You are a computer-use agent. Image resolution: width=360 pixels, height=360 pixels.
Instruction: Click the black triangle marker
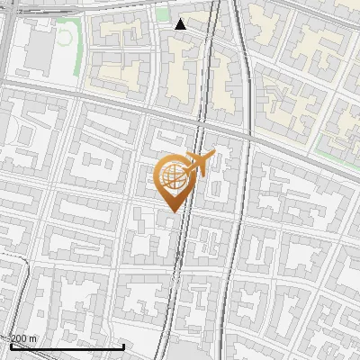181,24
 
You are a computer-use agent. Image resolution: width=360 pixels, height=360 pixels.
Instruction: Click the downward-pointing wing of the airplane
192,172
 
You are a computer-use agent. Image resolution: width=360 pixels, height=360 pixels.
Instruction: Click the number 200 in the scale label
19,338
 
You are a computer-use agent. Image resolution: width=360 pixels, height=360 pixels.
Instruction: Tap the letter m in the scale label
33,338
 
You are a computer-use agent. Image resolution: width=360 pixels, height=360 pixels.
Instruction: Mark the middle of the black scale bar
67,346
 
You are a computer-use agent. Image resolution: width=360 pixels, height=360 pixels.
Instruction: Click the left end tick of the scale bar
11,345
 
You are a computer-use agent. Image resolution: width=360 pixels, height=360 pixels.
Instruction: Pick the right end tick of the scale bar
123,345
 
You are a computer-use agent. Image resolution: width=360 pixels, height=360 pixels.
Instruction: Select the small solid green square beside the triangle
162,14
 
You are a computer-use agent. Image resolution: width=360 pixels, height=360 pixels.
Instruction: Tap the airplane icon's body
198,163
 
